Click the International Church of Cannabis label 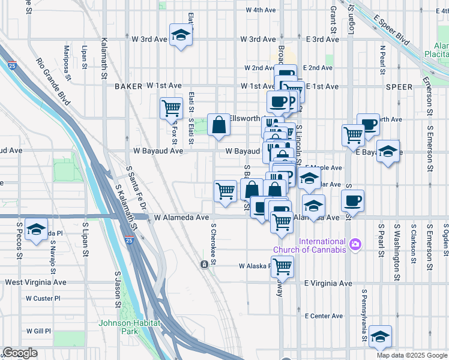[310, 245]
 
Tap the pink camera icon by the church [355, 244]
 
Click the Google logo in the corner [20, 353]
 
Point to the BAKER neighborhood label [128, 86]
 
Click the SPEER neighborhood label [399, 87]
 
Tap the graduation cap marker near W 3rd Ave [180, 35]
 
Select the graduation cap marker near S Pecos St [37, 230]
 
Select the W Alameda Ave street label [181, 218]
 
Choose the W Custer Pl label [43, 298]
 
